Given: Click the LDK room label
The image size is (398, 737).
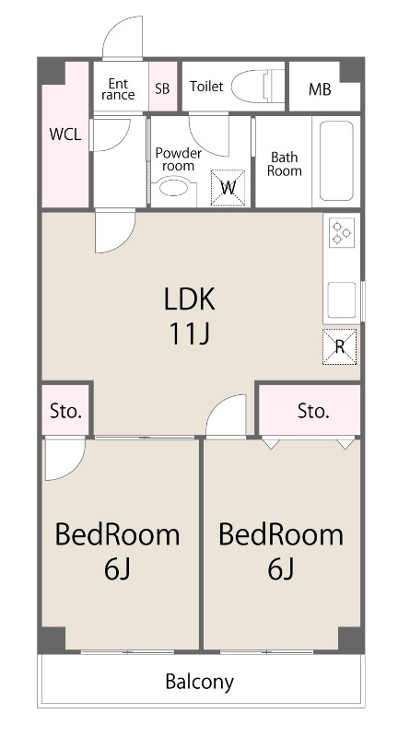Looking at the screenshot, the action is (x=190, y=298).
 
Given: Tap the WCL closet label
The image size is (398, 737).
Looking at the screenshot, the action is (x=65, y=135).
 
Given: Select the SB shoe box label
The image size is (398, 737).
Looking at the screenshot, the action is (x=162, y=88).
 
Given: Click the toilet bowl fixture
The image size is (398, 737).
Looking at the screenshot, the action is (x=259, y=86).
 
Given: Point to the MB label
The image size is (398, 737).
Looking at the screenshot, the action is (x=320, y=88).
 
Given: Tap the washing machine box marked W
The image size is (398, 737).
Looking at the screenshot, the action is (x=228, y=188).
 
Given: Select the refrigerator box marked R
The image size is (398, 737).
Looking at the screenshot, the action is (x=339, y=347).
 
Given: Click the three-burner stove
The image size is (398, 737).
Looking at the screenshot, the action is (x=341, y=233).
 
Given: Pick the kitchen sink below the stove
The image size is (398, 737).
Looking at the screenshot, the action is (x=341, y=300).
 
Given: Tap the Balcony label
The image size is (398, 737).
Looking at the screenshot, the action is (x=199, y=682).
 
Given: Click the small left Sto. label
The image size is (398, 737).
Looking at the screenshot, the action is (x=65, y=412).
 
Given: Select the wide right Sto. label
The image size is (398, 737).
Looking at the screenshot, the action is (x=313, y=411).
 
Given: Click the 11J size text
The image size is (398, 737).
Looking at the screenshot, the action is (x=190, y=334).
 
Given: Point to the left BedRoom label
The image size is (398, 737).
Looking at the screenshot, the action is (x=118, y=535).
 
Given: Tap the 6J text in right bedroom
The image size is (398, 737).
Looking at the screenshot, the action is (x=281, y=569).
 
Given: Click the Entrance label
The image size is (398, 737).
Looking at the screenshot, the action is (x=118, y=89).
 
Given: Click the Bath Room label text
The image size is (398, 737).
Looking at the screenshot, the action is (x=285, y=164).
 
